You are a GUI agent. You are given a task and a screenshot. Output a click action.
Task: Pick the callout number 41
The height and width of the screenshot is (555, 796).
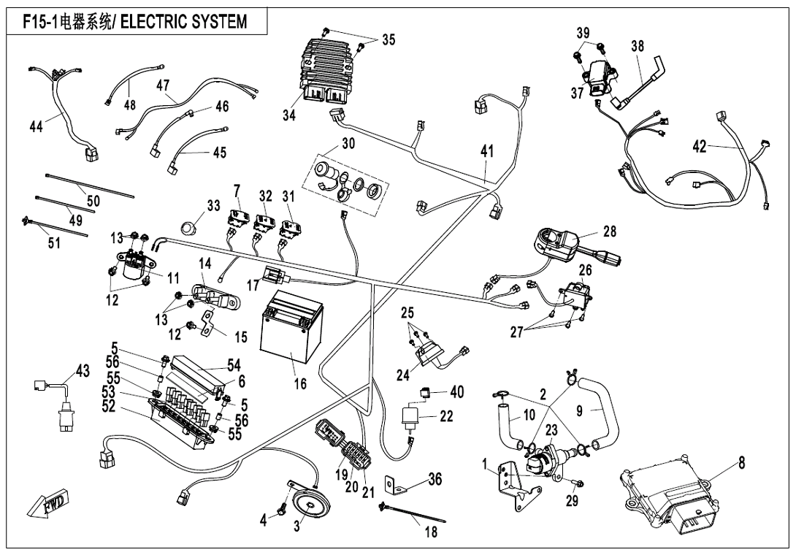(x=487, y=152)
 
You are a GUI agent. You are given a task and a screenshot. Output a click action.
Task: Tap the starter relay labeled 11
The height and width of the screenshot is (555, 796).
(x=133, y=267)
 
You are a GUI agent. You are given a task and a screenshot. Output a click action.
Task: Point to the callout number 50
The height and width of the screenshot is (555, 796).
(x=94, y=199)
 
